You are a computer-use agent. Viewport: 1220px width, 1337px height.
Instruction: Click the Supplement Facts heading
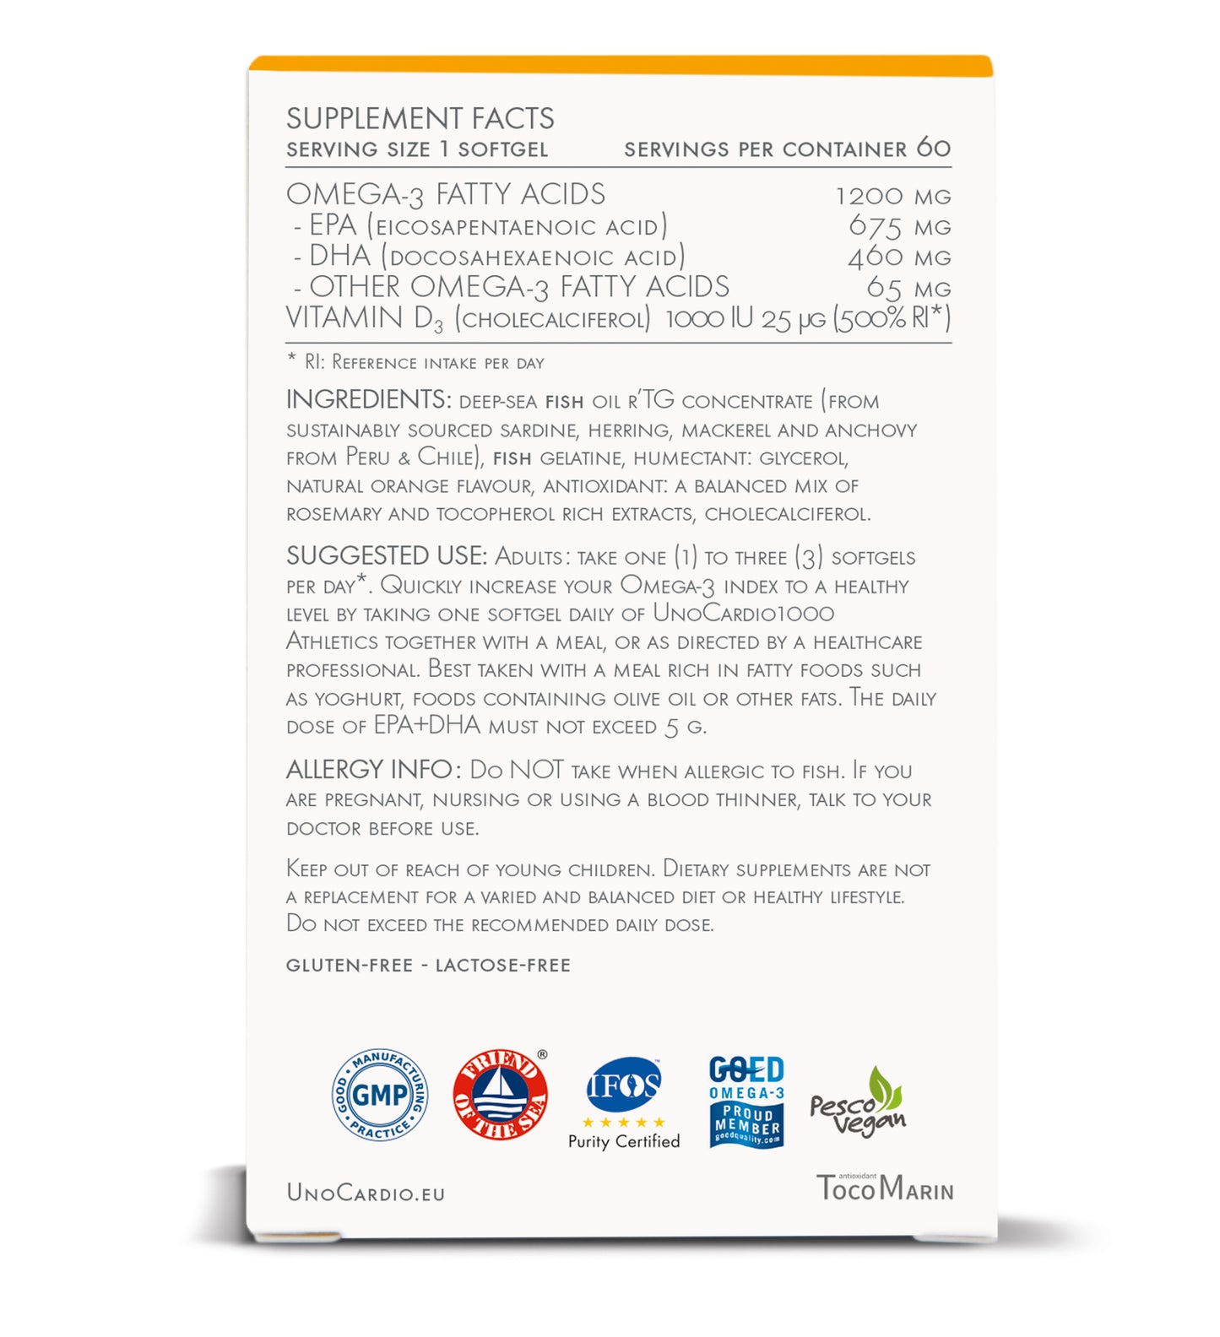pyautogui.click(x=420, y=118)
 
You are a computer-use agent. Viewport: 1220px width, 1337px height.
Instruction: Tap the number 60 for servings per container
pyautogui.click(x=933, y=148)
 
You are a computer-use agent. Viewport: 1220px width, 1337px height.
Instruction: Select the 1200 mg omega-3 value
pyautogui.click(x=892, y=196)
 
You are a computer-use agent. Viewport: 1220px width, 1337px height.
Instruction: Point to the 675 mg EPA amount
pyautogui.click(x=899, y=226)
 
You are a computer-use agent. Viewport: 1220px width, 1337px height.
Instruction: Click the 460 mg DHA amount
pyautogui.click(x=898, y=257)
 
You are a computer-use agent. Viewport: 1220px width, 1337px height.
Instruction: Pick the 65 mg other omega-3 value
pyautogui.click(x=908, y=288)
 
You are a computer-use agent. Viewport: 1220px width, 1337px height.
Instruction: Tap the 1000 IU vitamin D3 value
pyautogui.click(x=708, y=319)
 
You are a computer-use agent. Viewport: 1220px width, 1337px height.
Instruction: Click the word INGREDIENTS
pyautogui.click(x=367, y=399)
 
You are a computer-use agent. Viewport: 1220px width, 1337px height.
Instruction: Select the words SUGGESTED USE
pyautogui.click(x=386, y=556)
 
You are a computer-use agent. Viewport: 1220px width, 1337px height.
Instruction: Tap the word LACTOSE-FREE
pyautogui.click(x=502, y=965)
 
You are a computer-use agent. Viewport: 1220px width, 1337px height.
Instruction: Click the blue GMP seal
pyautogui.click(x=380, y=1095)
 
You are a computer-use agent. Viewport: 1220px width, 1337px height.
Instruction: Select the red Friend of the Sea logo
pyautogui.click(x=500, y=1095)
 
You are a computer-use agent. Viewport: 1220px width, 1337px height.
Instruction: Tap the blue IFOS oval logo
pyautogui.click(x=624, y=1085)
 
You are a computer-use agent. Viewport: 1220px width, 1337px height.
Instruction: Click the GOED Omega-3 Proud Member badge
pyautogui.click(x=746, y=1102)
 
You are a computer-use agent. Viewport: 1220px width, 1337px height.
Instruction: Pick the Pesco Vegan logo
pyautogui.click(x=858, y=1103)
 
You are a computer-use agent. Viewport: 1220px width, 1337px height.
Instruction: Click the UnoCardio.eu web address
pyautogui.click(x=366, y=1192)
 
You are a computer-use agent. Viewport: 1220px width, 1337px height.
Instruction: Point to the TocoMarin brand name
pyautogui.click(x=884, y=1188)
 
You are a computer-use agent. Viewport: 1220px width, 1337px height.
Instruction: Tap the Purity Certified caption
pyautogui.click(x=624, y=1141)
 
